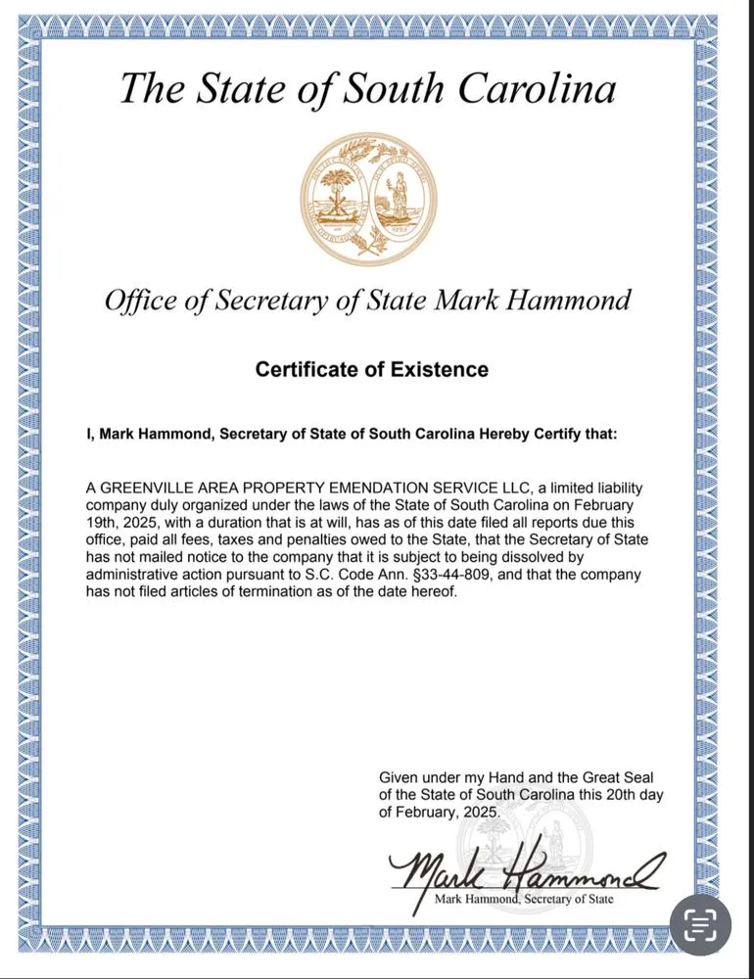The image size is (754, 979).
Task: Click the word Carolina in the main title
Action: tap(536, 88)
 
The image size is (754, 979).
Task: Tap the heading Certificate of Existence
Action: tap(371, 369)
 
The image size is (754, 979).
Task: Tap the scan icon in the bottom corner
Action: tap(699, 924)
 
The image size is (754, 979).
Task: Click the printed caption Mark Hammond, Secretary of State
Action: tap(524, 898)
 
